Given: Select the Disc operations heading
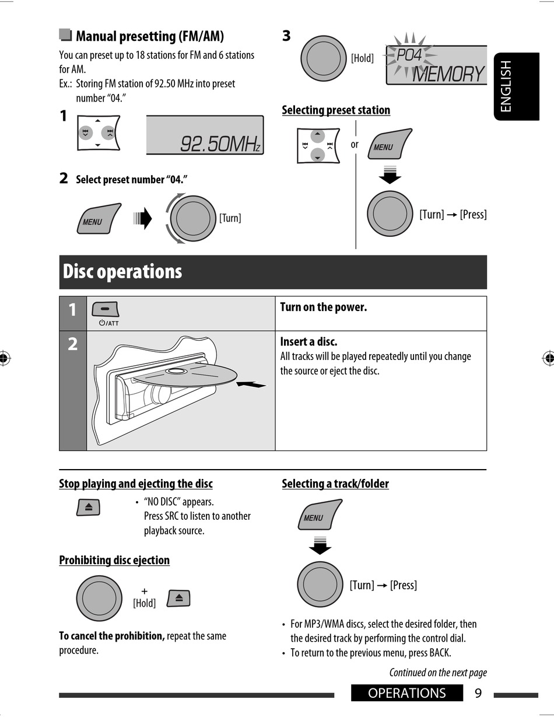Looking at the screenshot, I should [122, 272].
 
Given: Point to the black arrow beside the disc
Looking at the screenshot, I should [252, 384].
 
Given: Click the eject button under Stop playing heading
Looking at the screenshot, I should [88, 507].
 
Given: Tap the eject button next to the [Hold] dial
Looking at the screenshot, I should [178, 598].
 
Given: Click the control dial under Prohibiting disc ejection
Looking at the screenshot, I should [99, 598].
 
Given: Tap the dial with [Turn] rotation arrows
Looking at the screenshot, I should [193, 218].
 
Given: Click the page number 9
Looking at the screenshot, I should [478, 693].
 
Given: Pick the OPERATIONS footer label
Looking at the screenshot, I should [407, 693].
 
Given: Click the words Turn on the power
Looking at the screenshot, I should [324, 307].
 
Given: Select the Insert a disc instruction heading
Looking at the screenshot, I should [308, 341].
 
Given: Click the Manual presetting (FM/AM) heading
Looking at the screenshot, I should [150, 36].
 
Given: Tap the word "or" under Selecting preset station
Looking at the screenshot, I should [355, 144].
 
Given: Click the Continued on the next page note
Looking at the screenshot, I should [438, 673].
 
